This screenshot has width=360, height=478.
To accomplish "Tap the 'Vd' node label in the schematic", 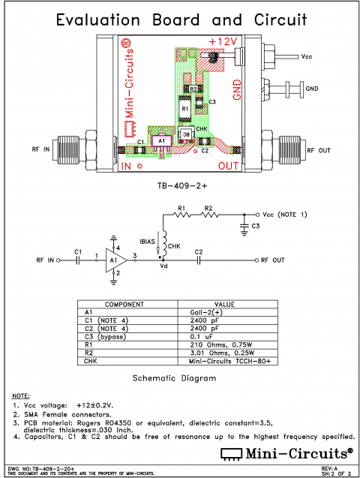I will point(164,266).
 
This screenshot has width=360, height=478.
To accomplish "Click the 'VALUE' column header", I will point(244,304).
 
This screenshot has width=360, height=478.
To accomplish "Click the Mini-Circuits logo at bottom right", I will point(286,452).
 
